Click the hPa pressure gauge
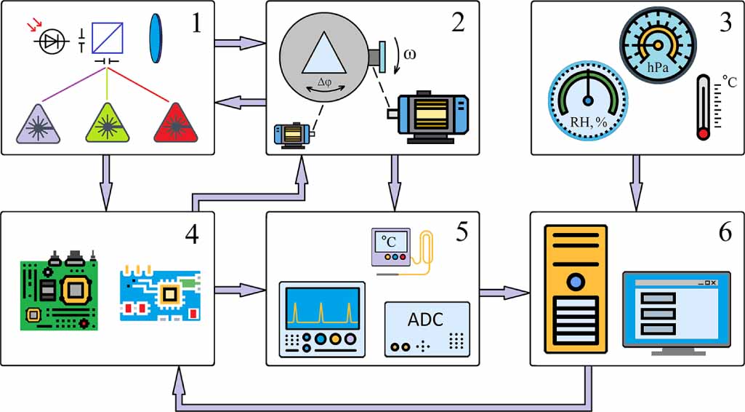pyautogui.click(x=658, y=43)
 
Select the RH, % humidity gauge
pyautogui.click(x=588, y=98)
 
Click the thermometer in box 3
pyautogui.click(x=703, y=107)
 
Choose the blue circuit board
pyautogui.click(x=160, y=294)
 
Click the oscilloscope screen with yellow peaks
pyautogui.click(x=323, y=306)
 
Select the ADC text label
pyautogui.click(x=425, y=320)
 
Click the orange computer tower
pyautogui.click(x=575, y=289)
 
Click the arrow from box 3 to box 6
pyautogui.click(x=636, y=182)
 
